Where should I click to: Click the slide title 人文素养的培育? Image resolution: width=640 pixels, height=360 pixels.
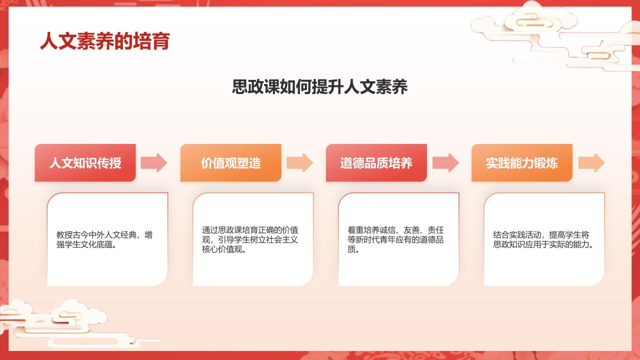(104, 41)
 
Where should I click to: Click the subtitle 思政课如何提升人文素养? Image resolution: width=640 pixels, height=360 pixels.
(320, 87)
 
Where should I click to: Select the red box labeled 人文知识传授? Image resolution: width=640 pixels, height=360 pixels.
(85, 163)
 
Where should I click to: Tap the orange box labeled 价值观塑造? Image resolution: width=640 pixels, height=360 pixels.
(230, 163)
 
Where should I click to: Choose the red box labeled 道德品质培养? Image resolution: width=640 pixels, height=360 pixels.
(376, 163)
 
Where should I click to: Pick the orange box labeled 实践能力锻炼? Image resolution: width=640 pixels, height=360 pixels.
(521, 163)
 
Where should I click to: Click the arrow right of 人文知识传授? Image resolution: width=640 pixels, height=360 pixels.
(153, 163)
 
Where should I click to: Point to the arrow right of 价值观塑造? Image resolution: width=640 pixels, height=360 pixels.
(299, 163)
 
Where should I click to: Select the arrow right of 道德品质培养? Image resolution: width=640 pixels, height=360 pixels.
(445, 163)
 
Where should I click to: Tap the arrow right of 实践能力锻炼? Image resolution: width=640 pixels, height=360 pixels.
(591, 163)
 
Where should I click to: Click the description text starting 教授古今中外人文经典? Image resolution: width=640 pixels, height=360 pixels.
(104, 239)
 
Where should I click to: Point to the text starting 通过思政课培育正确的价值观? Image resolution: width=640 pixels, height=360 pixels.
(250, 239)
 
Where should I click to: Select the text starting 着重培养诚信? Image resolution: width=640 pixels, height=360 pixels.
(395, 239)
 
